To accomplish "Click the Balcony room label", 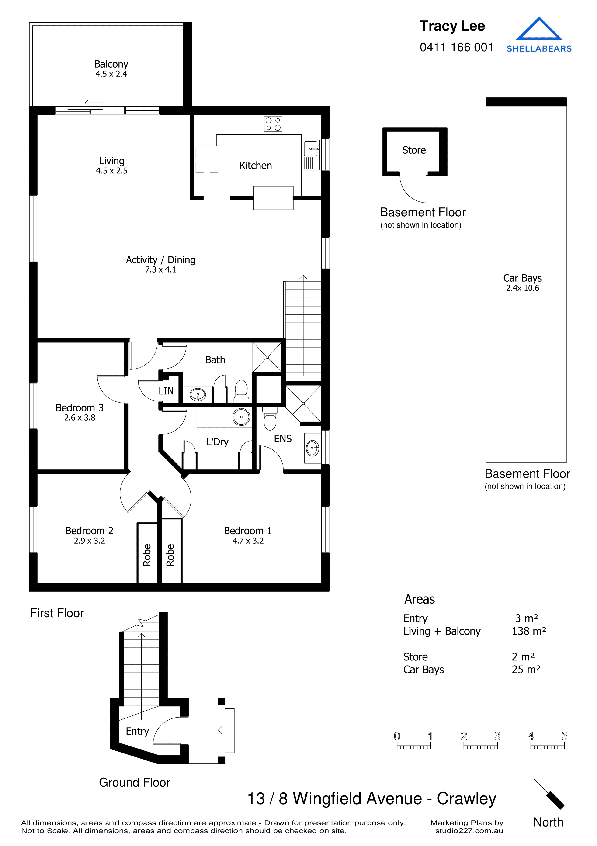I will click(111, 64).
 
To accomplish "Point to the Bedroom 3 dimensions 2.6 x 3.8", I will click(80, 418).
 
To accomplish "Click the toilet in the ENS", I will click(270, 419).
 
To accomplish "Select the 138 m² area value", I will click(529, 631).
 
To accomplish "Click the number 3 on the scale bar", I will click(497, 736).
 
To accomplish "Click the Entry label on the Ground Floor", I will click(137, 731).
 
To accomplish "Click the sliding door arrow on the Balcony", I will click(95, 103).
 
